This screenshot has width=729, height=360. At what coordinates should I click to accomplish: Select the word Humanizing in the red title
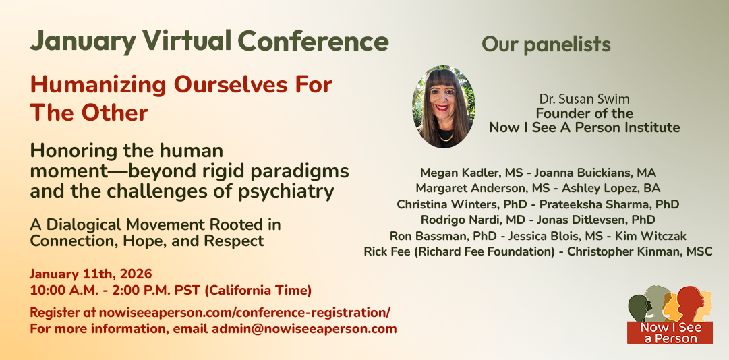tap(98, 86)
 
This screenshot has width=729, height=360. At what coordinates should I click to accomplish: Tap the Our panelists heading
tap(546, 44)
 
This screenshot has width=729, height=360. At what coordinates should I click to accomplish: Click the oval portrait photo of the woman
tap(444, 107)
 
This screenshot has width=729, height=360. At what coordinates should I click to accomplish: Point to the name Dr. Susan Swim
tap(585, 99)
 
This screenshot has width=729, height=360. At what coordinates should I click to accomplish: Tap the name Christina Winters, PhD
tap(456, 204)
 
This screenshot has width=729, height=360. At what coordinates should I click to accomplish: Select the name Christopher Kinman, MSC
tap(640, 251)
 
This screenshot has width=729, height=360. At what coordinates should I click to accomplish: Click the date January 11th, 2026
tap(91, 274)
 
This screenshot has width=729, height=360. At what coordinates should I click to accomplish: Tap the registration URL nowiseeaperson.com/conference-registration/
tap(245, 313)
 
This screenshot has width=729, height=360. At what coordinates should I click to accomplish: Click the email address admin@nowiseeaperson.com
tap(304, 330)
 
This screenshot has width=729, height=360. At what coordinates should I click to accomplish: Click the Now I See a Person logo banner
tap(670, 332)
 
